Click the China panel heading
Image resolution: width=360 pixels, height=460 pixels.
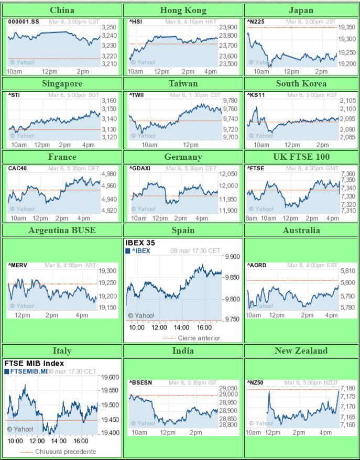click(62, 10)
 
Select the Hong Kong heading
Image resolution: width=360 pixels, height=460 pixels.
click(183, 10)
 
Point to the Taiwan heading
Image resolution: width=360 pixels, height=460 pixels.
click(183, 83)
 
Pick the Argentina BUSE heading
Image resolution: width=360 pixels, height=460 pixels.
click(62, 230)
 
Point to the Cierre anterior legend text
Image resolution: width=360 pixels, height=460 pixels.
click(199, 338)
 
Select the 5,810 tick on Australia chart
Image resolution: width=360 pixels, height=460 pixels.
click(347, 271)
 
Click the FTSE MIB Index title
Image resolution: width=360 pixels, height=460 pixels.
click(34, 363)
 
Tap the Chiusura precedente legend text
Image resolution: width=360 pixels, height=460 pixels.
click(66, 451)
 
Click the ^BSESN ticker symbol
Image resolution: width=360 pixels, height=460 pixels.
click(140, 382)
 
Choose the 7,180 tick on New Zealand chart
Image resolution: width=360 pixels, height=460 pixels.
click(348, 388)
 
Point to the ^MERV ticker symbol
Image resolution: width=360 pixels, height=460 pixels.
click(17, 266)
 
